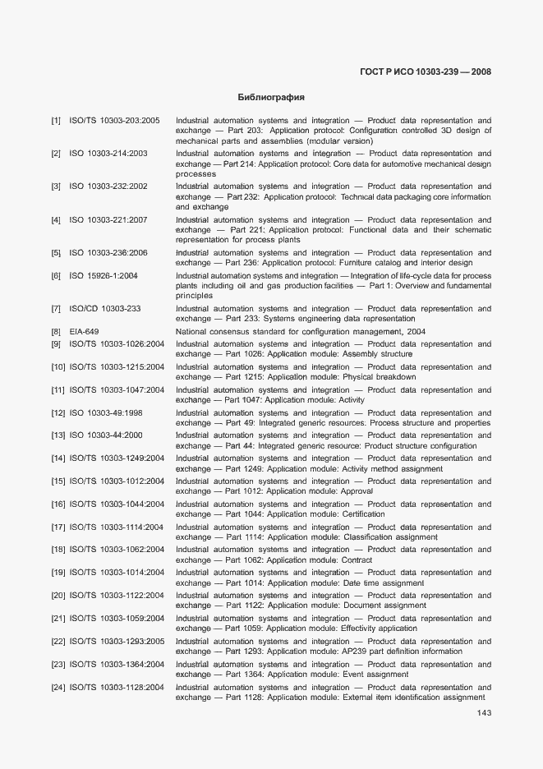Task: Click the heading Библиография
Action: [x=270, y=97]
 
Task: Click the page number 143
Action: [x=484, y=713]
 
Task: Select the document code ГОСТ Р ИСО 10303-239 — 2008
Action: [x=426, y=72]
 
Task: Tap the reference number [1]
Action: [x=56, y=121]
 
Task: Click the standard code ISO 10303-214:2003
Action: [x=108, y=154]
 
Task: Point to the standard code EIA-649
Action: [x=85, y=332]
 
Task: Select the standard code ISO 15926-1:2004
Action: [x=104, y=276]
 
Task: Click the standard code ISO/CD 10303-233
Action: [x=105, y=309]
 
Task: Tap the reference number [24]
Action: [x=58, y=688]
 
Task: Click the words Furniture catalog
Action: [x=389, y=263]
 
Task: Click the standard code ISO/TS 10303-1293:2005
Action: [x=117, y=642]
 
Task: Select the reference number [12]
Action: [x=58, y=413]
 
